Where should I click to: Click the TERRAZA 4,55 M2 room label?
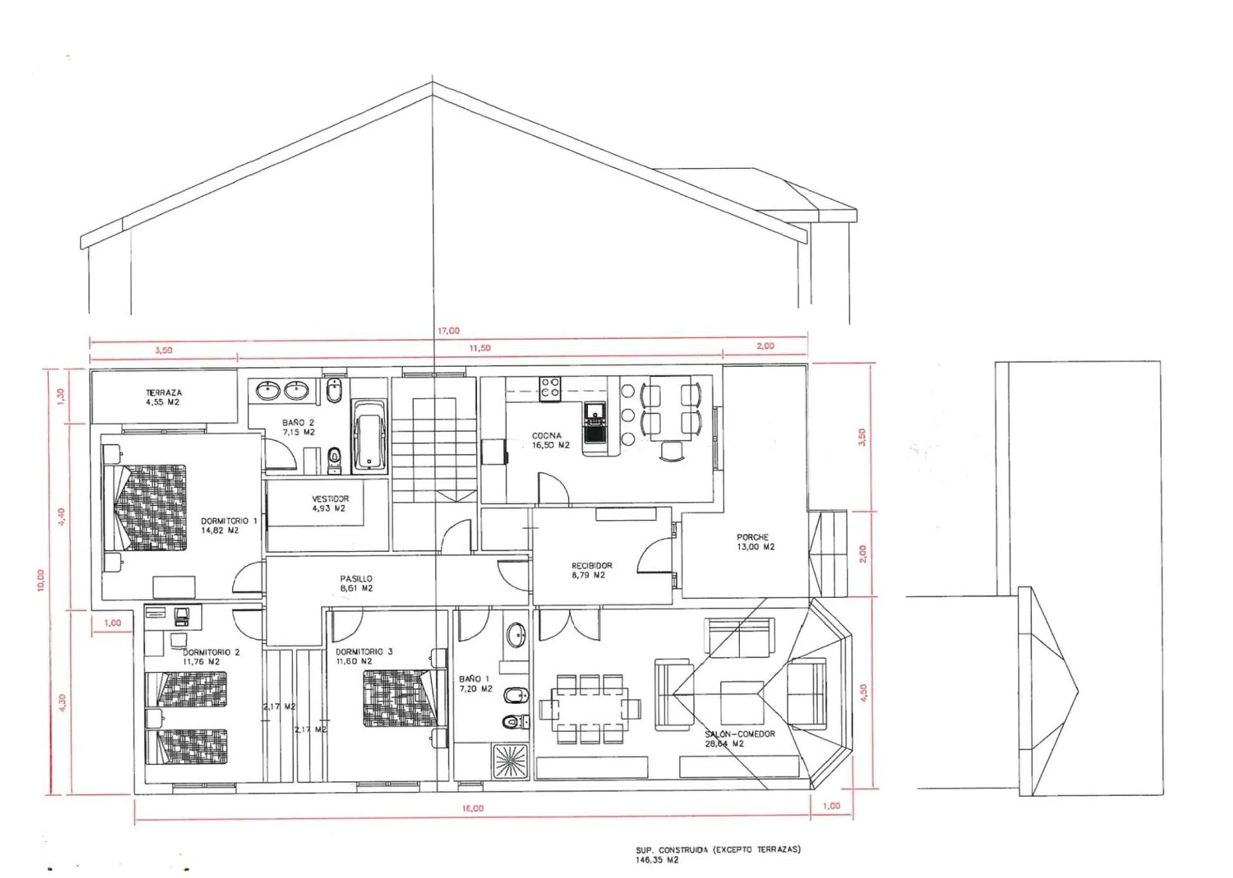(x=163, y=397)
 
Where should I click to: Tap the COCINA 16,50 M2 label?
(x=550, y=440)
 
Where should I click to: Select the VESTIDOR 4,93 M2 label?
(x=329, y=503)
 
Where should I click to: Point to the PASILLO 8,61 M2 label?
(x=356, y=584)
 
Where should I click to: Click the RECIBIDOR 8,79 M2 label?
(x=591, y=570)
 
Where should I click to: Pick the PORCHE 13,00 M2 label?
(x=755, y=541)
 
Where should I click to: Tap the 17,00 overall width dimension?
(x=448, y=331)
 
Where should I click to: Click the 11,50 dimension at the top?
(x=480, y=348)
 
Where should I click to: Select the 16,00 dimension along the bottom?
(x=473, y=808)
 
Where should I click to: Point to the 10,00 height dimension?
(x=40, y=580)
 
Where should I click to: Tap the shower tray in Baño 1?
(x=510, y=761)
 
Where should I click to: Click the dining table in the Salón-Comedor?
(x=589, y=709)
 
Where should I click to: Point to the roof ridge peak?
(x=432, y=83)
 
